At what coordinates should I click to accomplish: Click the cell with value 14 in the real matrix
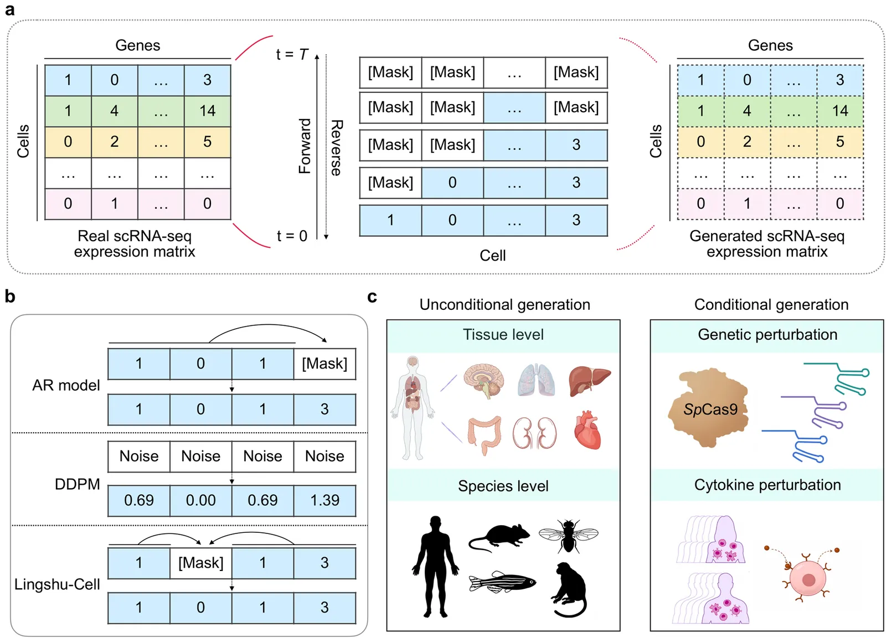click(x=207, y=111)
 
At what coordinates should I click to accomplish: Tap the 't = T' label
click(x=292, y=54)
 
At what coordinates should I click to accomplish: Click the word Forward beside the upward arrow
click(x=305, y=146)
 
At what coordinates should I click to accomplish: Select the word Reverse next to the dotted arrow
click(x=336, y=148)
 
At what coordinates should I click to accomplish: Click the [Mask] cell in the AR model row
click(x=324, y=364)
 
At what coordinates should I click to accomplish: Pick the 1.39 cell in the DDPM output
click(x=324, y=500)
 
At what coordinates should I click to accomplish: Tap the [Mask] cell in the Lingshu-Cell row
click(x=201, y=563)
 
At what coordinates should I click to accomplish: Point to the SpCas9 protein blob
click(x=708, y=408)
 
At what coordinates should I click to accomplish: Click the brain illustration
click(x=484, y=381)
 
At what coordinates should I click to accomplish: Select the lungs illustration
click(x=537, y=380)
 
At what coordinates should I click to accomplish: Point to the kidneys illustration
click(x=534, y=433)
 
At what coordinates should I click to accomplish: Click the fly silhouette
click(x=568, y=535)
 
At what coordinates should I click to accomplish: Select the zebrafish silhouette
click(x=502, y=582)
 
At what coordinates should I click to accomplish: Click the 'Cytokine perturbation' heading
click(x=767, y=485)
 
